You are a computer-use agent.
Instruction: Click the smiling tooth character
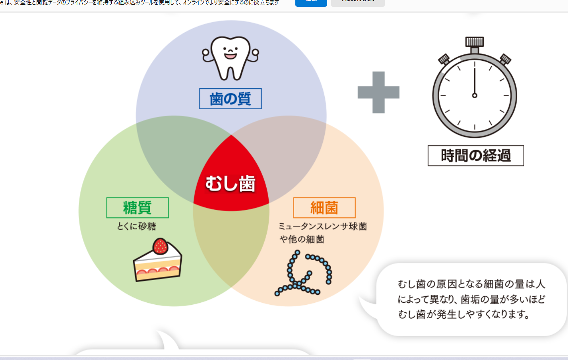click(x=231, y=57)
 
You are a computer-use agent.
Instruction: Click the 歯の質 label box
click(x=231, y=99)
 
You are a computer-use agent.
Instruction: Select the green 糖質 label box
click(x=138, y=207)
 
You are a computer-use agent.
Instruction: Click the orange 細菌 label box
click(x=324, y=207)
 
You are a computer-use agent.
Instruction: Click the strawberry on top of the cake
click(x=160, y=246)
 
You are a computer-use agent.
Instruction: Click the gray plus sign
click(x=378, y=92)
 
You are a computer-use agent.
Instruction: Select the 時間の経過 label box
click(x=476, y=155)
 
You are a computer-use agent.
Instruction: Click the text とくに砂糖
click(x=136, y=226)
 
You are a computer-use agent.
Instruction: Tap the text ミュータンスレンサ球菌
click(x=322, y=226)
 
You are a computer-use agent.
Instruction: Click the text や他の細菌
click(x=302, y=239)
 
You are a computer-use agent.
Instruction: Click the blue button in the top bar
click(x=311, y=2)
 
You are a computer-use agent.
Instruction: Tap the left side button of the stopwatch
click(x=444, y=60)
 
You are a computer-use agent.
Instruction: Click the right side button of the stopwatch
click(x=505, y=59)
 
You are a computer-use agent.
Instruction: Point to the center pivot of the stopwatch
click(x=475, y=95)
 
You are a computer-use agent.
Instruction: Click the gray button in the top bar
click(x=358, y=2)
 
